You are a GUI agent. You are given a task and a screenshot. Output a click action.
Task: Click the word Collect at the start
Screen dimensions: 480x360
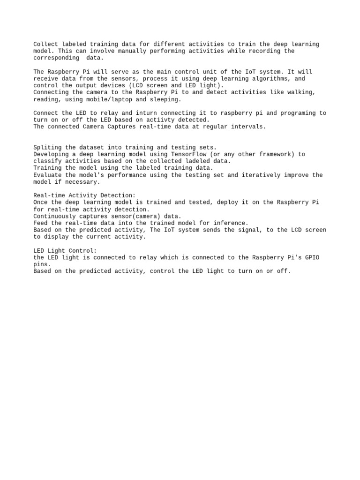[45, 45]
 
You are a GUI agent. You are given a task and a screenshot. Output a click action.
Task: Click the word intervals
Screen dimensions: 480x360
[248, 127]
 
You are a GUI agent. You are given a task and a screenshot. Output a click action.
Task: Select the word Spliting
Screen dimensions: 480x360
[47, 147]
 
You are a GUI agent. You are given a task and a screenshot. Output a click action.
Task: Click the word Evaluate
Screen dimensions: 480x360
[47, 175]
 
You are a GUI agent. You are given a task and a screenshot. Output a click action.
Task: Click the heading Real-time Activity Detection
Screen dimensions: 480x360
[84, 195]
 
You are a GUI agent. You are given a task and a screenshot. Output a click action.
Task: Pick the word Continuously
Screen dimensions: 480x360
[54, 216]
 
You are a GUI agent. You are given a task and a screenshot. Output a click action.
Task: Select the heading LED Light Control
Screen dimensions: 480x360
[65, 251]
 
